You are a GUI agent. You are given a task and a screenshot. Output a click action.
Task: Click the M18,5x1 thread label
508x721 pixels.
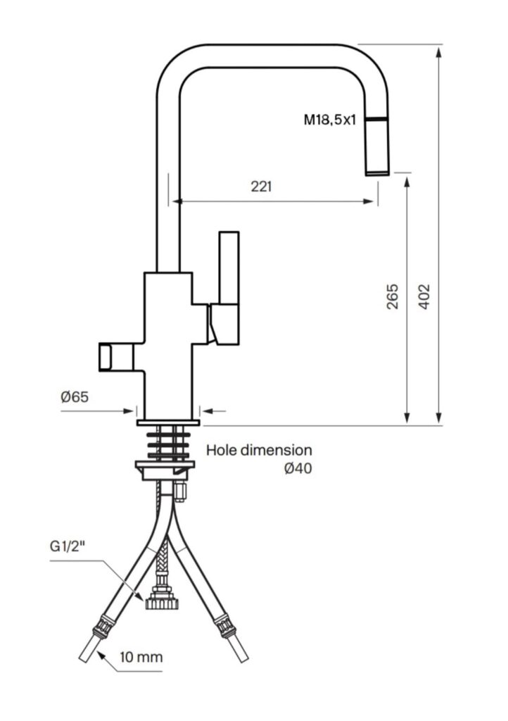point(330,120)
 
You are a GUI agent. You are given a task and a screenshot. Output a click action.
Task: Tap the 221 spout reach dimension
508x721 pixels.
point(261,186)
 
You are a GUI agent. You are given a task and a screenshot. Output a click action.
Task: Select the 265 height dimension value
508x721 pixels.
point(392,296)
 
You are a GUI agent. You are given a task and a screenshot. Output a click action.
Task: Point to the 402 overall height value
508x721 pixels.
point(424,296)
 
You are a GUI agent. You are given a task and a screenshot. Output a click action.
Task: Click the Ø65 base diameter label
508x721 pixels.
point(75,396)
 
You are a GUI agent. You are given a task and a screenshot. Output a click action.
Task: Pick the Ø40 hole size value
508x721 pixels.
point(298,468)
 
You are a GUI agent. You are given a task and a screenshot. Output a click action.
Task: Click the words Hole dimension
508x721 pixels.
point(259,450)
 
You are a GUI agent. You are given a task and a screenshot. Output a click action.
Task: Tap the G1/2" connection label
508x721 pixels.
point(68,546)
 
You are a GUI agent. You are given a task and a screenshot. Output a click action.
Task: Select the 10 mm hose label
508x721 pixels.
point(141,657)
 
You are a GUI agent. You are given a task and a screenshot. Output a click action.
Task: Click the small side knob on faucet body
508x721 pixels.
point(105,357)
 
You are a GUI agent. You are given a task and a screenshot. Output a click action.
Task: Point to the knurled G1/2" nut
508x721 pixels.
point(162,603)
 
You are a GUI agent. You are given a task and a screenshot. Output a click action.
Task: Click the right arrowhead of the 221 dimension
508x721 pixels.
point(369,201)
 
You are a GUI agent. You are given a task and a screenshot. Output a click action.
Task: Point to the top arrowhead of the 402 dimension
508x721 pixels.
point(439,51)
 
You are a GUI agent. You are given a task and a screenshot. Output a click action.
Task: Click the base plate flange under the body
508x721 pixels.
point(168,422)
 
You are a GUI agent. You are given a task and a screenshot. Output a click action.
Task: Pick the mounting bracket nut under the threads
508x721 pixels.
point(165,470)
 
